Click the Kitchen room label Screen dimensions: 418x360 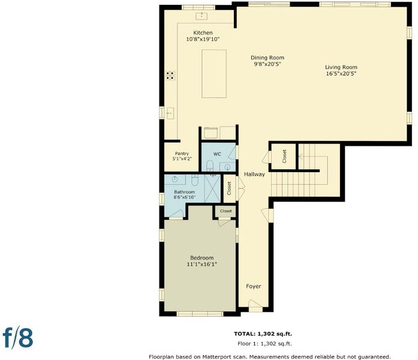[203, 33]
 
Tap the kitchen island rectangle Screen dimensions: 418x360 [214, 74]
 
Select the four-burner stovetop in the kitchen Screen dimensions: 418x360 [170, 76]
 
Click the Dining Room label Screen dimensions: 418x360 [267, 58]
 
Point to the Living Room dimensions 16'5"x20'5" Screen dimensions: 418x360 [341, 74]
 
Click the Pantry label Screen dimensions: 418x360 [182, 154]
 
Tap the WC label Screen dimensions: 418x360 [217, 154]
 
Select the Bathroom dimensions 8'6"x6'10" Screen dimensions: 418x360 [185, 197]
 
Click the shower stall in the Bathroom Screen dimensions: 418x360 [212, 188]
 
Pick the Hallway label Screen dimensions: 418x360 [254, 174]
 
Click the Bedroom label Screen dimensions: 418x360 [202, 258]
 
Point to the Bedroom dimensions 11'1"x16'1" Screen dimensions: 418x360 [202, 264]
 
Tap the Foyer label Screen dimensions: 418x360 [254, 286]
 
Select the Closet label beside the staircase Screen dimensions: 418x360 [284, 156]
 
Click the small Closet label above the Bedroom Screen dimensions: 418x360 [226, 211]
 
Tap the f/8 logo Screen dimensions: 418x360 [18, 338]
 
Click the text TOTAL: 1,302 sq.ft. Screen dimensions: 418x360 [263, 334]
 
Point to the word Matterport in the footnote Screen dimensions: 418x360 [215, 357]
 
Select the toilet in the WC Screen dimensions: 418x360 [210, 166]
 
